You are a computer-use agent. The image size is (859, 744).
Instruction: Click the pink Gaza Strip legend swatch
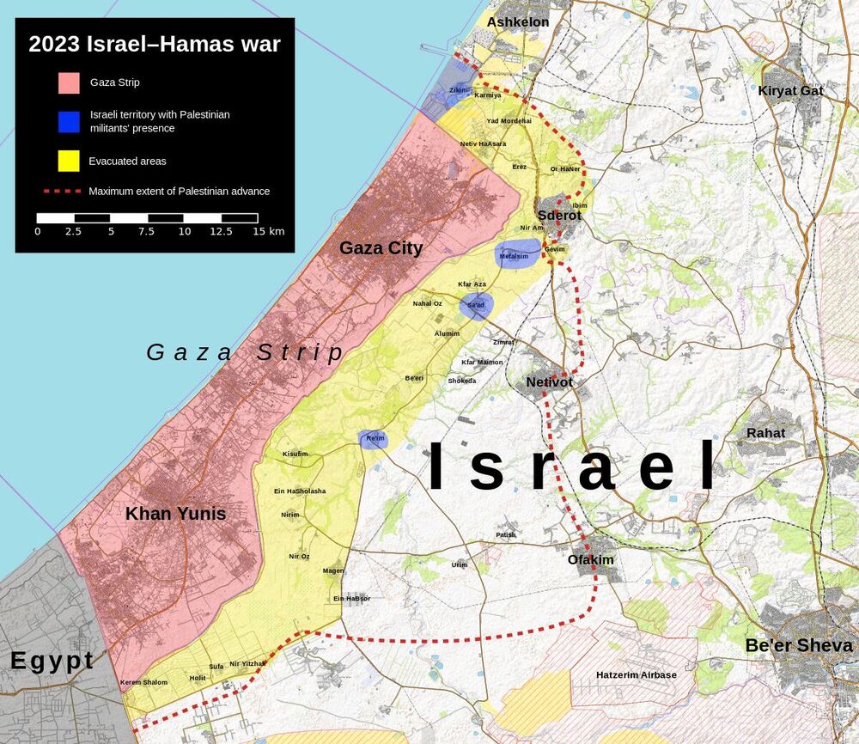(70, 83)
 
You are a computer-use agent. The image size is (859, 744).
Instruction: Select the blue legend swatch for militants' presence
(70, 122)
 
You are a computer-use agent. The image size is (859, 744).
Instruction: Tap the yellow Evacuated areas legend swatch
(70, 161)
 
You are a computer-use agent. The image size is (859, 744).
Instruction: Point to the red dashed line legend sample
(61, 191)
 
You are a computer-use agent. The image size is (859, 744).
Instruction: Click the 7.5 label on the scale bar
(146, 232)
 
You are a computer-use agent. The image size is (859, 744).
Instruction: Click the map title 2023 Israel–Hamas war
(155, 45)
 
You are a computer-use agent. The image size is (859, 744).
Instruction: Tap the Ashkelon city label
(517, 22)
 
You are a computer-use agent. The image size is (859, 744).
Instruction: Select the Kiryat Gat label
(790, 90)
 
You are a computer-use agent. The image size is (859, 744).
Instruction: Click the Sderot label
(559, 216)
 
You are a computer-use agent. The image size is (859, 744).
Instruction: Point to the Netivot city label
(550, 381)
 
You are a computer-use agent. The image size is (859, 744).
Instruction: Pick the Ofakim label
(591, 559)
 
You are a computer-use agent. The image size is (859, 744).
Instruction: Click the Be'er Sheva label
(799, 645)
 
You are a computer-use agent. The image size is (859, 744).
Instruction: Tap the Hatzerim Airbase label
(637, 675)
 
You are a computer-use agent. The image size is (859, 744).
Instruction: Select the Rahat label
(765, 433)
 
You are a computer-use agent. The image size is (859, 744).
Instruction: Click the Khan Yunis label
(175, 514)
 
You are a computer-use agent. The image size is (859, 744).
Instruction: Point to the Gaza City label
(381, 248)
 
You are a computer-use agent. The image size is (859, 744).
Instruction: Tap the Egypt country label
(52, 661)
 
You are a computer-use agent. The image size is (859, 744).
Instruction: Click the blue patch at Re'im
(375, 440)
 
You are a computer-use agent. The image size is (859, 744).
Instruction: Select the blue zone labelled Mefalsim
(515, 254)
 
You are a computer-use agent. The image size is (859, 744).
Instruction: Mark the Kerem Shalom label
(143, 682)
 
